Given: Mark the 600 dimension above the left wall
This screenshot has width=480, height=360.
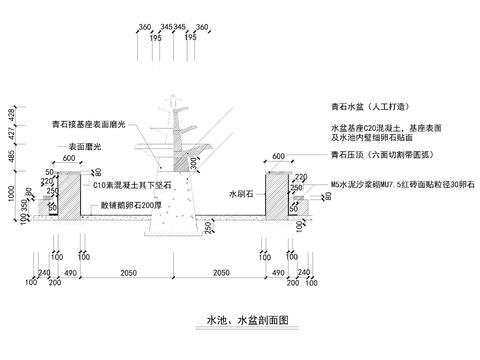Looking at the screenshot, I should [68, 156].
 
